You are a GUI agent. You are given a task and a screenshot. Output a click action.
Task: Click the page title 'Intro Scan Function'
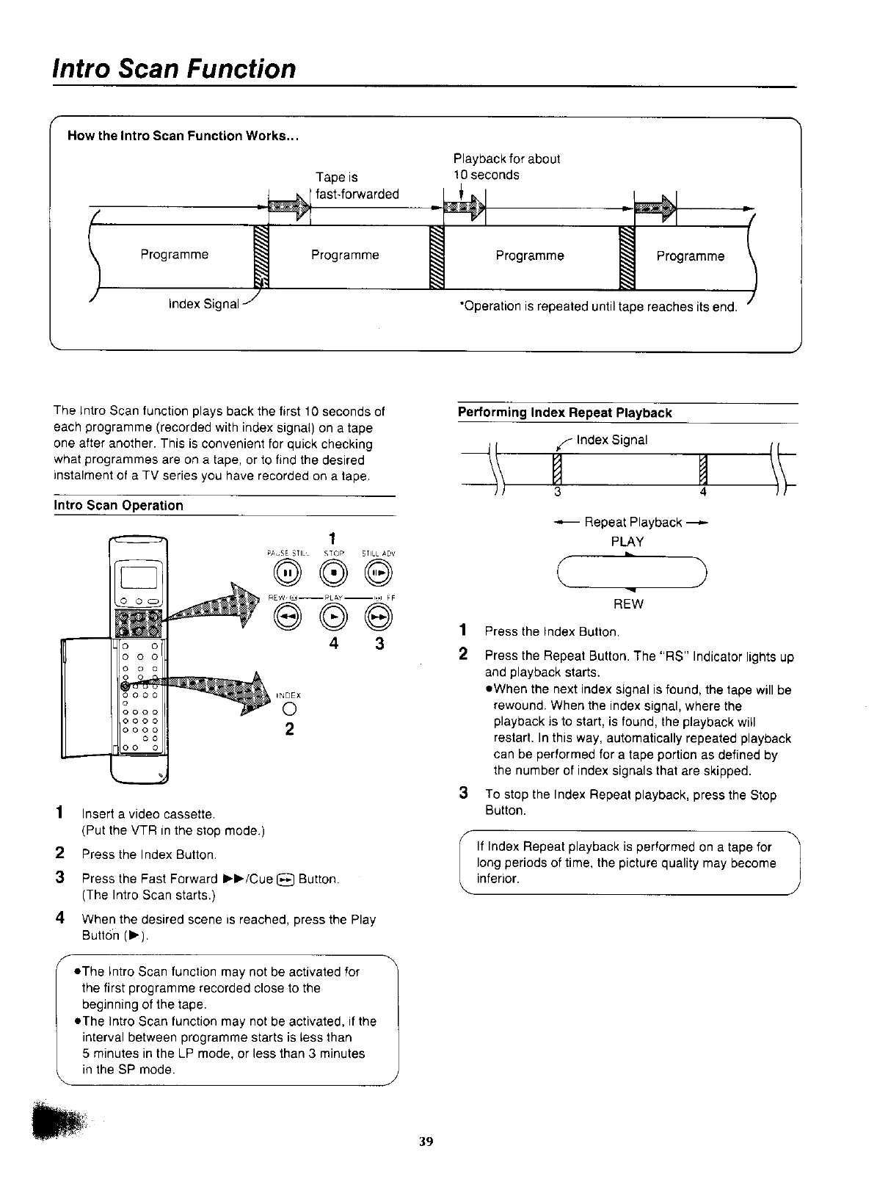[x=174, y=68]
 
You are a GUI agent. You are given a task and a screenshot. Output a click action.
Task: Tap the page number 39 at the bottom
[x=426, y=1141]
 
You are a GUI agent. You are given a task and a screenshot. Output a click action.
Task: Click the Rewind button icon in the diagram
[x=285, y=618]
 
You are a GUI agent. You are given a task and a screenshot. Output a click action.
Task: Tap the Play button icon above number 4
[x=335, y=618]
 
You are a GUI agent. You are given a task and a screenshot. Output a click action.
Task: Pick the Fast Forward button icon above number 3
[x=379, y=618]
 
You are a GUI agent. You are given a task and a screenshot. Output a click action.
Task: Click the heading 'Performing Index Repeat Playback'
[x=564, y=413]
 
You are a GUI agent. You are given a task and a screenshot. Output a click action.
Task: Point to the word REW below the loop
[x=627, y=604]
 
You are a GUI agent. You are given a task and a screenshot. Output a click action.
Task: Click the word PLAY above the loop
[x=627, y=542]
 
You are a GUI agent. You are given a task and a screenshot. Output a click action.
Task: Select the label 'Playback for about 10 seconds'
[x=506, y=167]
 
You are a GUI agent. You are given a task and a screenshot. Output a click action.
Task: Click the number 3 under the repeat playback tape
[x=558, y=492]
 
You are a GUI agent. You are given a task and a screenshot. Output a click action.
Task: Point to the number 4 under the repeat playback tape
[x=702, y=492]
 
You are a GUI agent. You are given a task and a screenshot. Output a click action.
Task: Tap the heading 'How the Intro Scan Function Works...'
[x=182, y=136]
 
